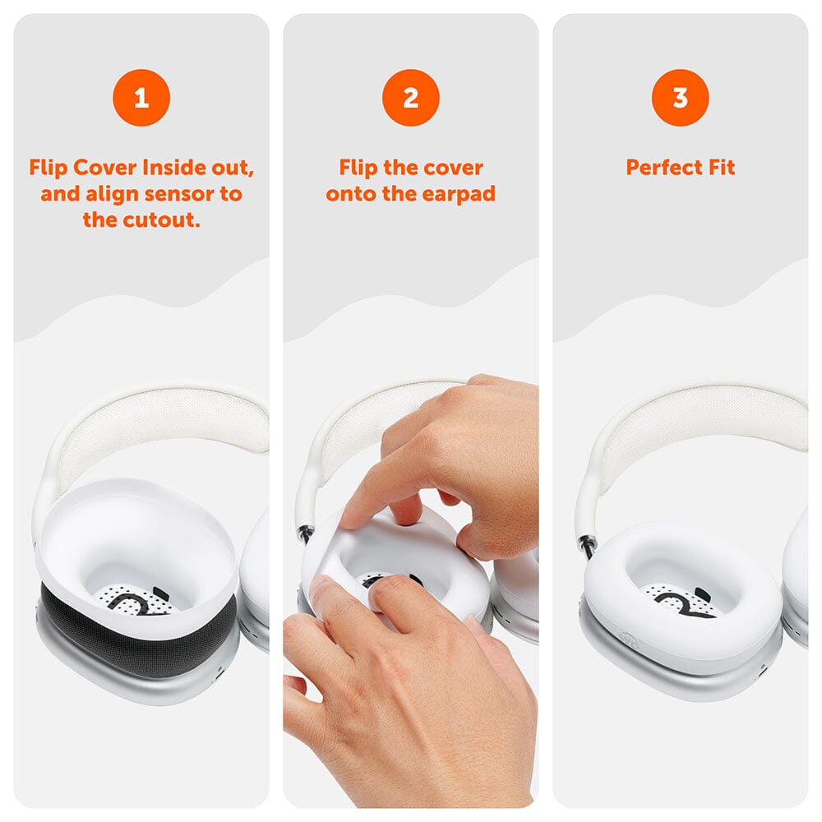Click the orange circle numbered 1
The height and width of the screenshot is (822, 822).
(141, 98)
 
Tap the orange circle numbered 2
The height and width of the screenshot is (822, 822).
(410, 98)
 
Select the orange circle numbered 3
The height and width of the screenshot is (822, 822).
(680, 98)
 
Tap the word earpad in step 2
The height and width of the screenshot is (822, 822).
(459, 194)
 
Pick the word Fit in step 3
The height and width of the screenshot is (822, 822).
(720, 168)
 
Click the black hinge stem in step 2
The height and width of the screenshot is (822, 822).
(307, 534)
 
